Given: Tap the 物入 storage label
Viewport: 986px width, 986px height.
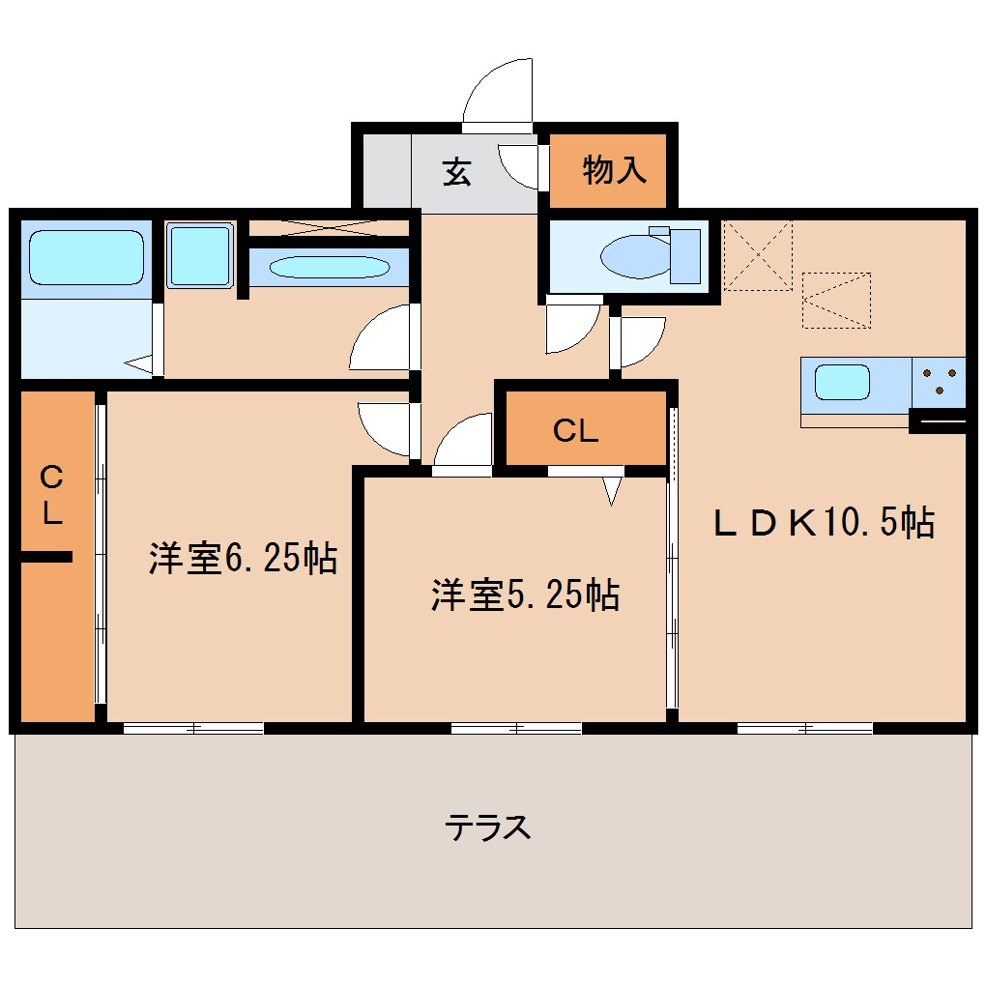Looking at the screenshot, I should [x=614, y=171].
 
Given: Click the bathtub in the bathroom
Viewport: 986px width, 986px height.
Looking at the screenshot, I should [x=86, y=256].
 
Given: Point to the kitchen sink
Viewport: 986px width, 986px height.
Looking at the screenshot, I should [x=842, y=382].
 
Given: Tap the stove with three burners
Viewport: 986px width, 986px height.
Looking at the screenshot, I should [x=939, y=381].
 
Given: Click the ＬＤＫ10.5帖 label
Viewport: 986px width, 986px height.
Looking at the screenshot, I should [x=824, y=523].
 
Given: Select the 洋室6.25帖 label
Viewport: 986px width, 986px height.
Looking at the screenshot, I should [x=243, y=558].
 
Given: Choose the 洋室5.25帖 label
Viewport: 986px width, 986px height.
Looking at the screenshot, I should [x=525, y=595].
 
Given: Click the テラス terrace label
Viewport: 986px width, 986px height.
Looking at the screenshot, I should [x=488, y=827].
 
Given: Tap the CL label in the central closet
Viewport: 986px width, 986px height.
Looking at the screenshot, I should [x=575, y=432].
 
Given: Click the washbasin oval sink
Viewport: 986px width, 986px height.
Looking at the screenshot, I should [x=329, y=266].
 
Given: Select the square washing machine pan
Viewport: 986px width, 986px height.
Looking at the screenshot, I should [x=200, y=255].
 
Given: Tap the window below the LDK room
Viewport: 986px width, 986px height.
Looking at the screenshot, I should [x=804, y=728].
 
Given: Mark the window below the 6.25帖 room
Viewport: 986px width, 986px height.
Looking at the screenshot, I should [x=193, y=728].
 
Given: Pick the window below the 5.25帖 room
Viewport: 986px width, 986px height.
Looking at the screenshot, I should [x=516, y=728].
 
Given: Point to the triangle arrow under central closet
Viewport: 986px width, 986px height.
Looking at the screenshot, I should [x=611, y=491].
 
